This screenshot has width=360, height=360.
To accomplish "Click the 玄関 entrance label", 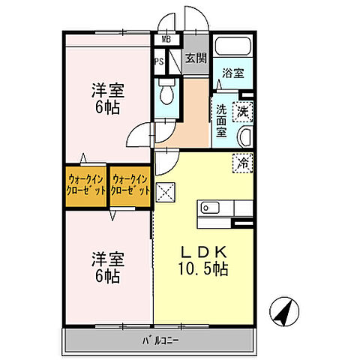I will [196, 58].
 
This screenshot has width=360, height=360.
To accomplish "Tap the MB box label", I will [165, 40].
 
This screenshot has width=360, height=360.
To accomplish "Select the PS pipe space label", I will [159, 61].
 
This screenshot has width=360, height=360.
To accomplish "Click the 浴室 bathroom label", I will [232, 73].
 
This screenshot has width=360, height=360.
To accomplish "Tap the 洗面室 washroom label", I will [222, 120].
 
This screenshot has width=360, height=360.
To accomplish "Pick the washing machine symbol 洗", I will [243, 112].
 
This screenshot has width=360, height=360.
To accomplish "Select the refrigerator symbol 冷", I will [243, 160].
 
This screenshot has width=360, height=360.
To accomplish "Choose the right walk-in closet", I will [130, 185].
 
